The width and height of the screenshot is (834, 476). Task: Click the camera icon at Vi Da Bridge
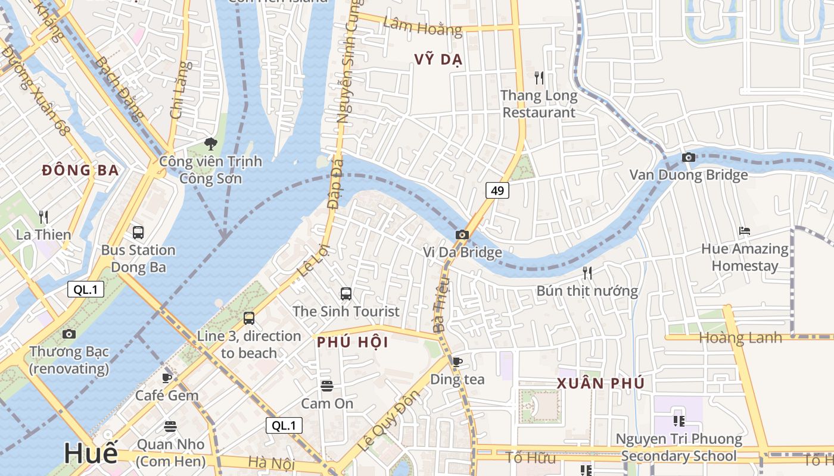[x=462, y=234]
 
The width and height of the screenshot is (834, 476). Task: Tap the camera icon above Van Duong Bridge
[x=689, y=157]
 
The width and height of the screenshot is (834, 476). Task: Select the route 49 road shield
[x=497, y=190]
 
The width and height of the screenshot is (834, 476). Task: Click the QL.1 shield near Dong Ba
[x=86, y=290]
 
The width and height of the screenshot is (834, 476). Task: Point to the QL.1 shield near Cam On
[x=284, y=425]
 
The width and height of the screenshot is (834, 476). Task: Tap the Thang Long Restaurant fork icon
[x=539, y=77]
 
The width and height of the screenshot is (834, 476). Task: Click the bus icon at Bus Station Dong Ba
[x=138, y=232]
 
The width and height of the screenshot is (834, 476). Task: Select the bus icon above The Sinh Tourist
[x=346, y=293]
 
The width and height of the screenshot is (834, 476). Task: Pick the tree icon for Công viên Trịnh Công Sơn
[x=210, y=143]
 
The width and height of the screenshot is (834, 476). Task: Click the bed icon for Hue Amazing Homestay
[x=745, y=231]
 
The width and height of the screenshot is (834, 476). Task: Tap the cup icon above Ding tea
[x=457, y=362]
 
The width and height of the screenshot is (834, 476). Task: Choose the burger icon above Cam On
[x=326, y=386]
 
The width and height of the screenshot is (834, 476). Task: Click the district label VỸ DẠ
[x=438, y=60]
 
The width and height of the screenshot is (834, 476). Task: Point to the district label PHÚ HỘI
[x=353, y=343]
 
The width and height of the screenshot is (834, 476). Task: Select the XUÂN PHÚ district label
[x=600, y=384]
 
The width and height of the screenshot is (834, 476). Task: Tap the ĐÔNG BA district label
[x=80, y=171]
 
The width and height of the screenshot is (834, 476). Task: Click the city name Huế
[x=91, y=453]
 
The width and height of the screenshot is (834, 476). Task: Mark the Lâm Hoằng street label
[x=422, y=26]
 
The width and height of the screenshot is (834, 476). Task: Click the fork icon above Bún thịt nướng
[x=587, y=273]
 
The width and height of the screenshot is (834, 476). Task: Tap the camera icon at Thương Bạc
[x=69, y=334]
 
